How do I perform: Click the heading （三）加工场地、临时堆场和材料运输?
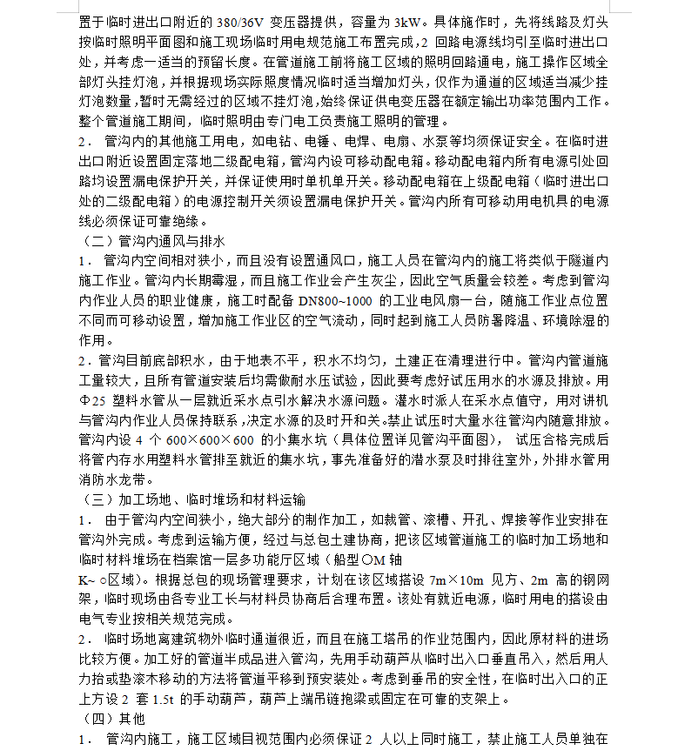click(192, 499)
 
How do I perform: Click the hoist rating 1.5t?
click(210, 699)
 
